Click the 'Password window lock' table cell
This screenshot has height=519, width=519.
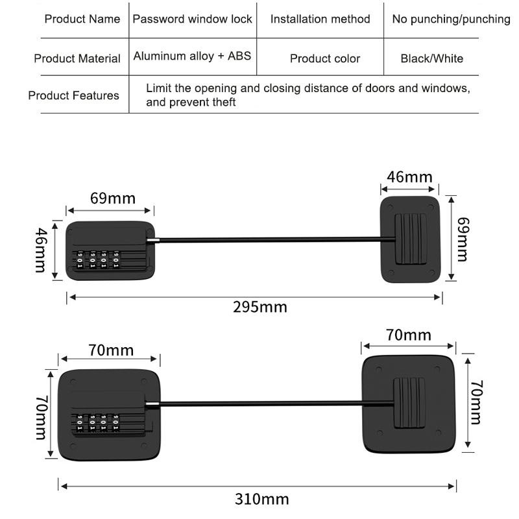(192, 19)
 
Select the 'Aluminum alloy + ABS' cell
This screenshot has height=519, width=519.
(192, 56)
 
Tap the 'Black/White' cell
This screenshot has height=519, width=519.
(432, 58)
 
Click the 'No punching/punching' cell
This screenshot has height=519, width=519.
(451, 19)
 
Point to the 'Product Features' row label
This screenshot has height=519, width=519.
(73, 95)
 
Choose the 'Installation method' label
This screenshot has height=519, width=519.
(320, 19)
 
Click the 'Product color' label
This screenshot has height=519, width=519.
(325, 58)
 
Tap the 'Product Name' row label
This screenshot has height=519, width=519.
(82, 19)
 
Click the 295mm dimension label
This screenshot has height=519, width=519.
(259, 307)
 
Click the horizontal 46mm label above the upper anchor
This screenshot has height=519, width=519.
(409, 176)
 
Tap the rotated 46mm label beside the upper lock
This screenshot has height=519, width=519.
(40, 250)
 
